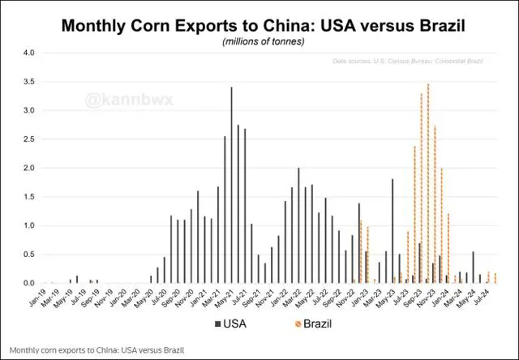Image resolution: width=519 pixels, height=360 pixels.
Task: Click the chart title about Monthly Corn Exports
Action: point(259,25)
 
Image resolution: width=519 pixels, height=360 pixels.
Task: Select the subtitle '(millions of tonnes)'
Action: point(259,41)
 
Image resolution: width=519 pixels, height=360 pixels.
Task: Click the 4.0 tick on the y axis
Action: point(29,54)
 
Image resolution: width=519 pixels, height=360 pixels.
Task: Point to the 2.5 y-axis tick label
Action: point(29,139)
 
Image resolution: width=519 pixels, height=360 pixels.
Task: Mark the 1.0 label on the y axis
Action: point(29,226)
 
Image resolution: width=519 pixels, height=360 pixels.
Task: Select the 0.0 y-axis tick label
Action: point(29,284)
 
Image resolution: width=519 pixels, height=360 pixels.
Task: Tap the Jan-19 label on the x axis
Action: point(38,298)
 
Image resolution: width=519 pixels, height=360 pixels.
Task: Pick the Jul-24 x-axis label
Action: point(481,298)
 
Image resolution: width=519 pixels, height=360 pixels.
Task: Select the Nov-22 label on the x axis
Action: point(347,298)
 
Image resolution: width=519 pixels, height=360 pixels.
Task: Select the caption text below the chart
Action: point(97,350)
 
